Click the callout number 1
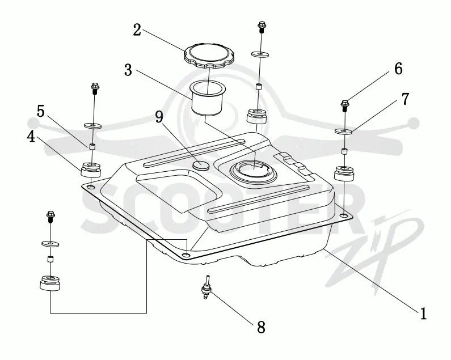pyautogui.click(x=423, y=314)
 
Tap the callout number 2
pyautogui.click(x=137, y=29)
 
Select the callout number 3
pyautogui.click(x=128, y=70)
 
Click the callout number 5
pyautogui.click(x=41, y=111)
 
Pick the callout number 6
pyautogui.click(x=398, y=69)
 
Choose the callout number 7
pyautogui.click(x=404, y=99)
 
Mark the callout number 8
pyautogui.click(x=261, y=327)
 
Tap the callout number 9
pyautogui.click(x=159, y=117)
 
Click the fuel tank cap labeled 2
pyautogui.click(x=209, y=56)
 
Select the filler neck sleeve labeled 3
pyautogui.click(x=207, y=98)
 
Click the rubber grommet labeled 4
pyautogui.click(x=91, y=171)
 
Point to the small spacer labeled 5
pyautogui.click(x=92, y=146)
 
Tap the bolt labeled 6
pyautogui.click(x=344, y=106)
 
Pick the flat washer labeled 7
pyautogui.click(x=344, y=131)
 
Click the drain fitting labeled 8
pyautogui.click(x=206, y=288)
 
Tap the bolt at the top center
pyautogui.click(x=262, y=27)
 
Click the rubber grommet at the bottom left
pyautogui.click(x=50, y=283)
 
